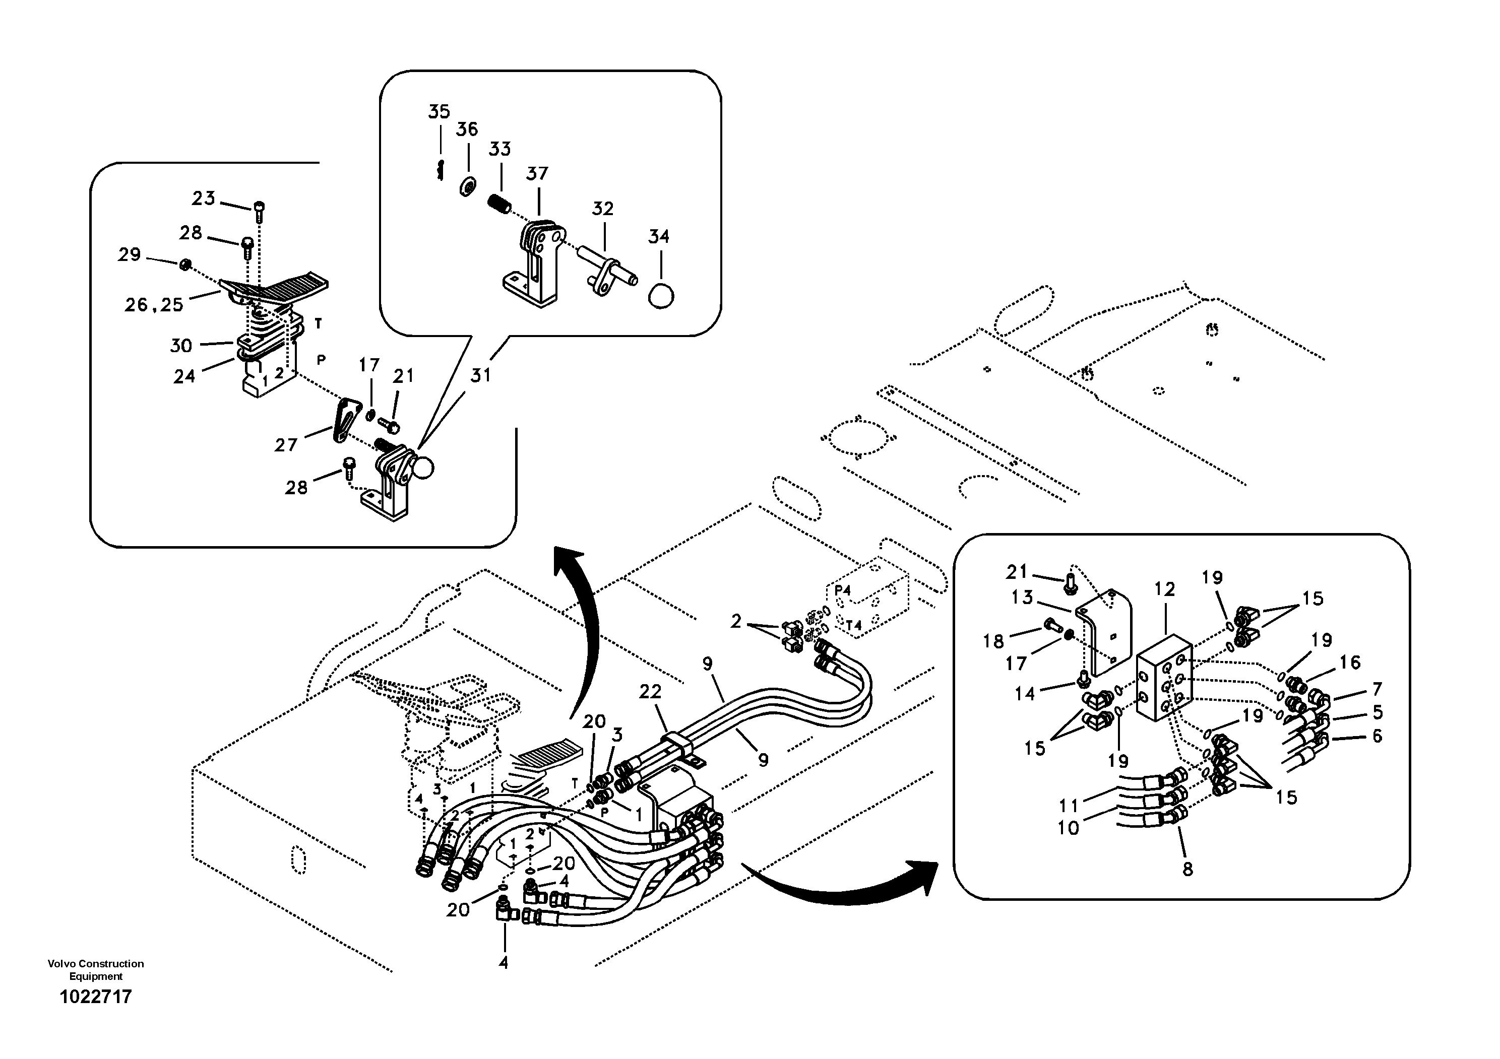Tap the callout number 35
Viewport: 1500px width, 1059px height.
coord(439,112)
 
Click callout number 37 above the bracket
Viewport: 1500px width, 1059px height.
coord(537,174)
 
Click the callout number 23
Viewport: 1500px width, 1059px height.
coord(203,198)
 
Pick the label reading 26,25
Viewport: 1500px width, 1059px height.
coord(154,305)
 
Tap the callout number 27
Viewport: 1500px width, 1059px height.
coord(285,445)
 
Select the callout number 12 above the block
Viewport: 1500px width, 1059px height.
coord(1164,589)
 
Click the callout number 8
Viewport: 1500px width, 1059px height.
coord(1187,869)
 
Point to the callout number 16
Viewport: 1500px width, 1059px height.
coord(1350,662)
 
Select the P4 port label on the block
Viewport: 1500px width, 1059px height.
coord(843,590)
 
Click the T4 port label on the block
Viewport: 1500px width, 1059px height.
coord(853,625)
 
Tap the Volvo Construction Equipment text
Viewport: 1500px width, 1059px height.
coord(95,969)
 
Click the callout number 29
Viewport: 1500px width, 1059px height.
coord(130,254)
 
